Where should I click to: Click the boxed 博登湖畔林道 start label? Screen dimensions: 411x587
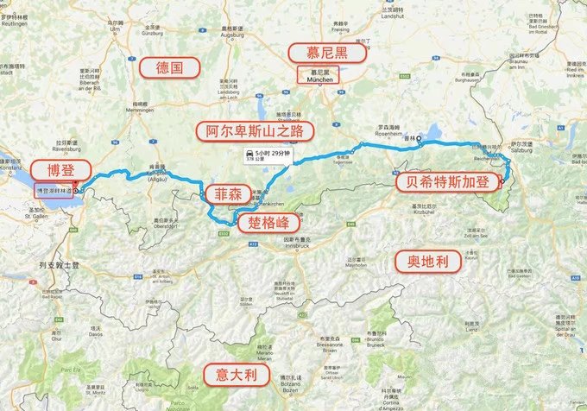tap(54, 189)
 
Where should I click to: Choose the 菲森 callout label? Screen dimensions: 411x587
tap(223, 193)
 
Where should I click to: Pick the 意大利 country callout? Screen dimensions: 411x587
tap(232, 374)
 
